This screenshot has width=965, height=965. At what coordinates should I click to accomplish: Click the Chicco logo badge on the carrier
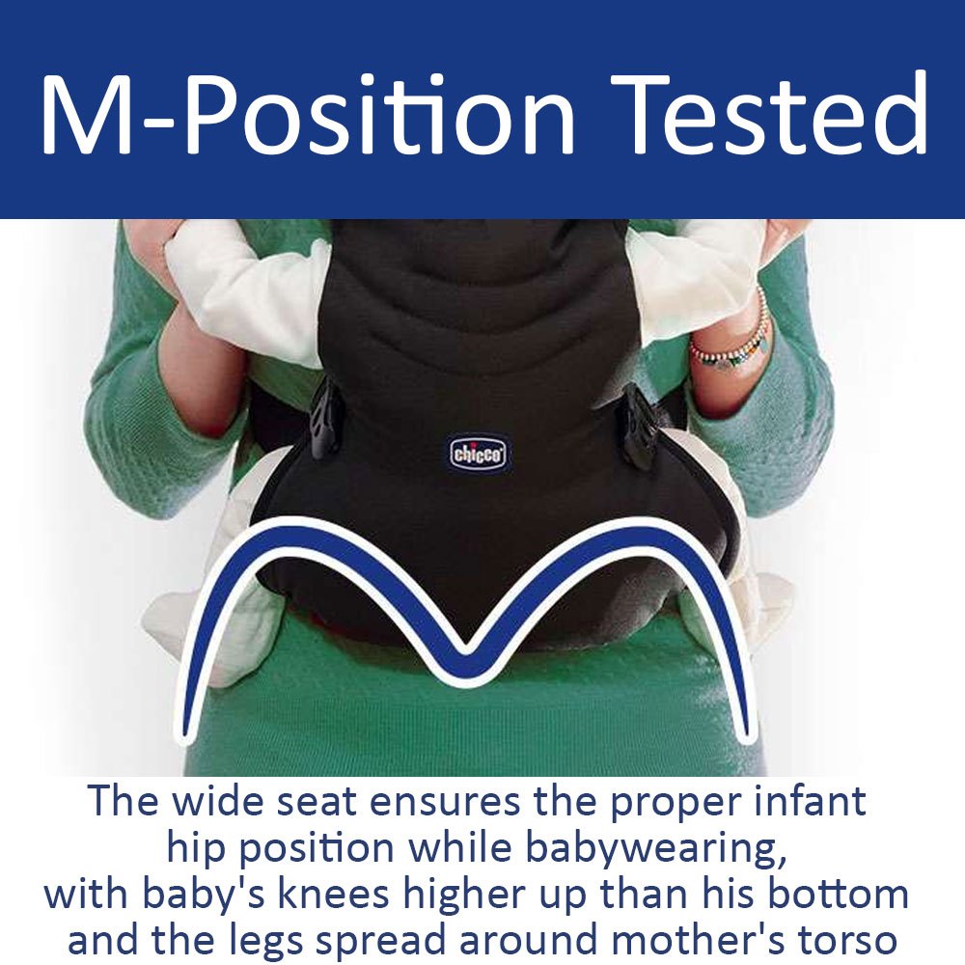coord(479,455)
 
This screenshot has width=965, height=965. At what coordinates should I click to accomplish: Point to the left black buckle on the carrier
coord(323,420)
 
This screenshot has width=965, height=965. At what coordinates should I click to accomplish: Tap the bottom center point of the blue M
coord(466,672)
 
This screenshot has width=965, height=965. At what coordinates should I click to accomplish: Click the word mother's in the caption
coord(698,940)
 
